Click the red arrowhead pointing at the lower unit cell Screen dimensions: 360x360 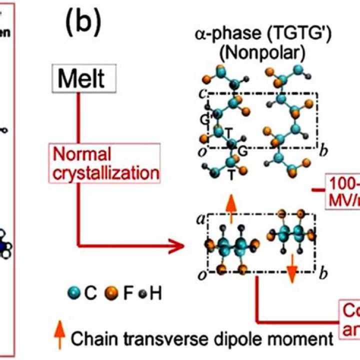[x=186, y=246]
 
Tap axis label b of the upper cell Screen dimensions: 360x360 [x=323, y=148]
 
